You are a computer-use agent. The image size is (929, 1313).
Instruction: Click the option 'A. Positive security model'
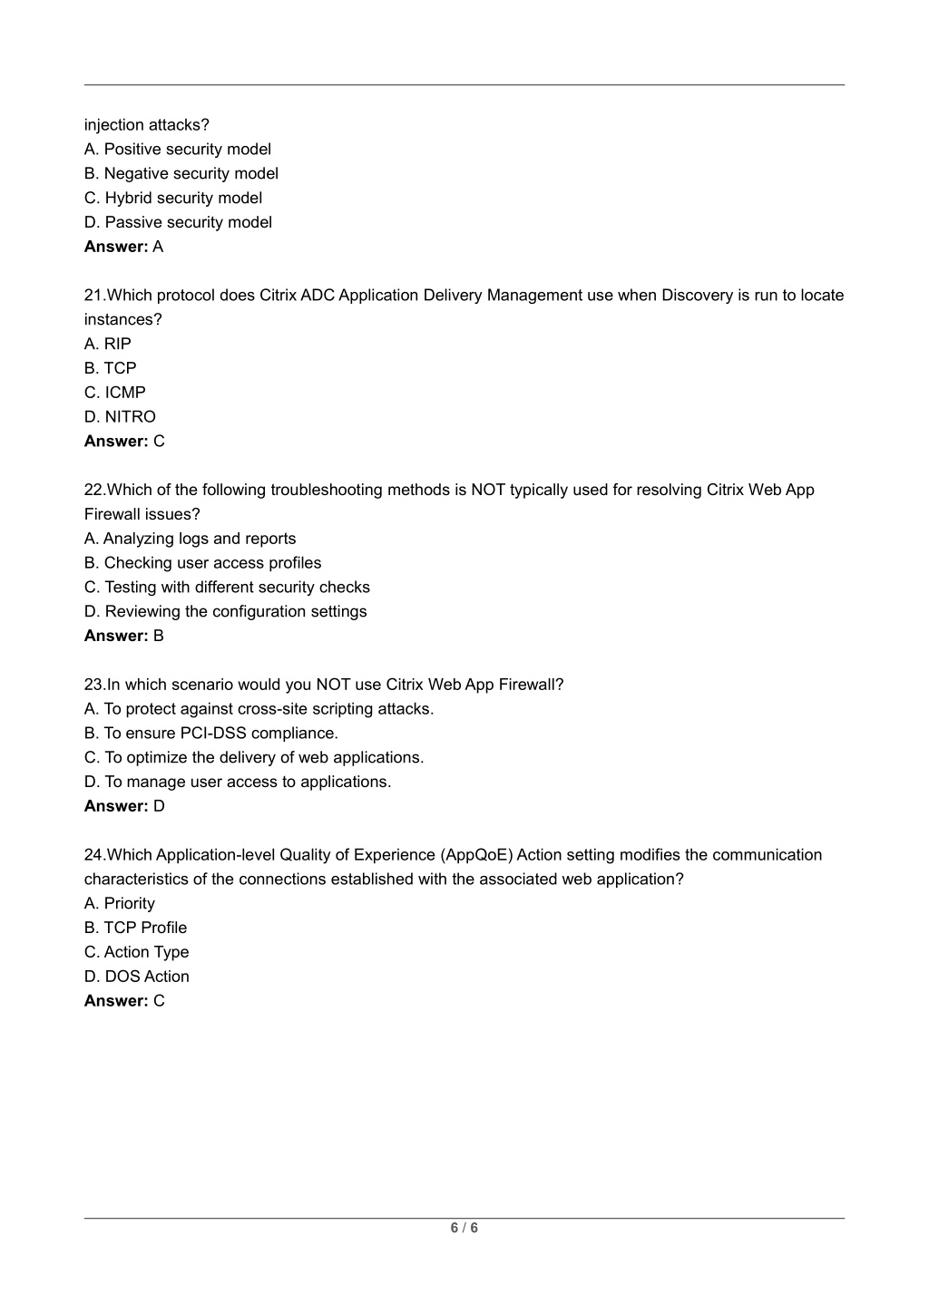coord(178,149)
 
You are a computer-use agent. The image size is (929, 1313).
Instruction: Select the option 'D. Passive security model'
coord(178,222)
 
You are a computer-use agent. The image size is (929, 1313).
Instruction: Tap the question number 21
coord(93,295)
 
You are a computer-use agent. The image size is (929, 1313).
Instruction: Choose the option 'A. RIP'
coord(108,344)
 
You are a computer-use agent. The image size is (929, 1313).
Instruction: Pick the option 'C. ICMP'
coord(115,393)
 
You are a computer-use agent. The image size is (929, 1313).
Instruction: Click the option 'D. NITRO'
coord(120,417)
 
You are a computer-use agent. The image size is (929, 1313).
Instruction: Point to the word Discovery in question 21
coord(696,295)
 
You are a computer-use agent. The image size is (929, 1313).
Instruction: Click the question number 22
coord(93,490)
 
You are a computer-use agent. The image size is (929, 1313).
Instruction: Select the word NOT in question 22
coord(487,490)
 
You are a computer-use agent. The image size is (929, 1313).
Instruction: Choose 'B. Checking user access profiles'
coord(202,563)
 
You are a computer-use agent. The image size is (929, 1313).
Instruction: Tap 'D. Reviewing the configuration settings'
coord(225,611)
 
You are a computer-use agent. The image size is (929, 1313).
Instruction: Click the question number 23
coord(93,685)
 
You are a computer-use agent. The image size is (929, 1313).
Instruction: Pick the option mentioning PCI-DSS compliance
coord(211,733)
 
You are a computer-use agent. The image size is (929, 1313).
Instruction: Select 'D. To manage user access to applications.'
coord(238,782)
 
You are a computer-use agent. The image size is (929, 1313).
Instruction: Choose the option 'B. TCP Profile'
coord(136,928)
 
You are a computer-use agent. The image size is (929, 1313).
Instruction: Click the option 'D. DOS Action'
coord(137,977)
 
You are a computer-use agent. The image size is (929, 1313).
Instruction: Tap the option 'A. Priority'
coord(120,903)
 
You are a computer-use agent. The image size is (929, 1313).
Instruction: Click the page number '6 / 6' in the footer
coord(464,1228)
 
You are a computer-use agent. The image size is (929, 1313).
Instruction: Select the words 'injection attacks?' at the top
coord(147,125)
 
